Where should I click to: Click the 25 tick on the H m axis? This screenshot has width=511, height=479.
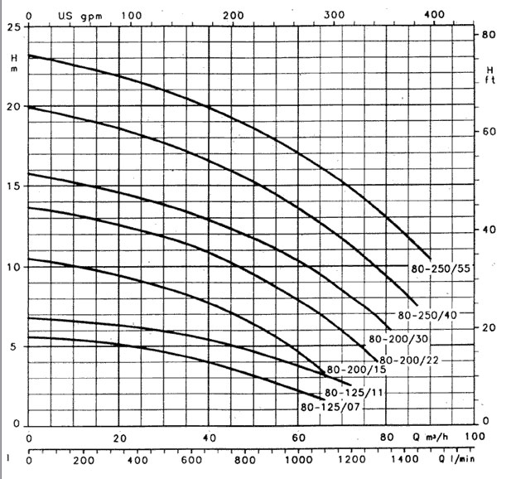pos(13,27)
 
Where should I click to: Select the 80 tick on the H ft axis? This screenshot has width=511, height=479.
pos(488,35)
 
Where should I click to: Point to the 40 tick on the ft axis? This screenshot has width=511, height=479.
pos(488,230)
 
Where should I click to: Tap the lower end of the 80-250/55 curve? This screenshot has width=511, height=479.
pos(431,258)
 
